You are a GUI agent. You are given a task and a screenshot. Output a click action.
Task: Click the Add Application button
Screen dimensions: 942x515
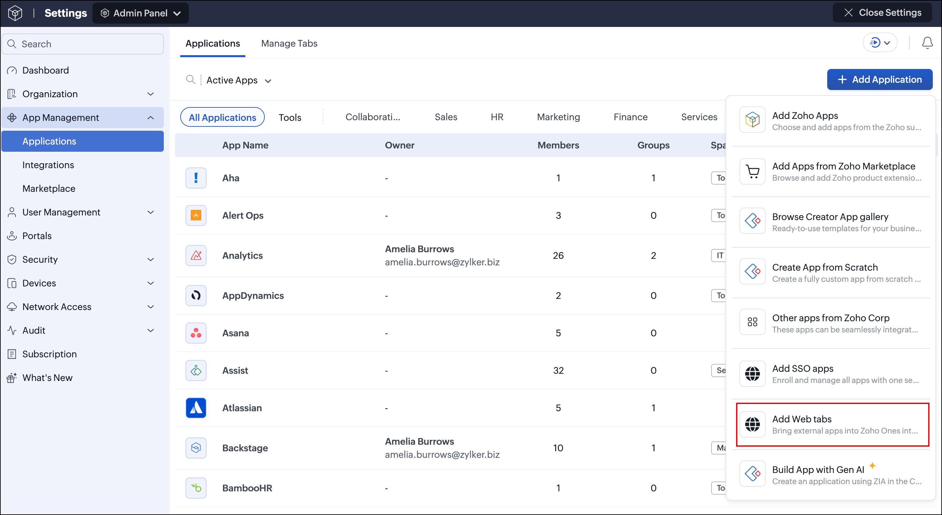click(x=880, y=79)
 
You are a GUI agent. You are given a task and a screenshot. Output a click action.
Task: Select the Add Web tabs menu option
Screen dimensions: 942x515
click(x=832, y=424)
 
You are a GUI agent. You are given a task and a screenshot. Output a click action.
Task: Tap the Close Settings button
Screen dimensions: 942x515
click(x=882, y=13)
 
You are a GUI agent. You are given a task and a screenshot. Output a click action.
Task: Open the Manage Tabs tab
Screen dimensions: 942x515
click(x=289, y=43)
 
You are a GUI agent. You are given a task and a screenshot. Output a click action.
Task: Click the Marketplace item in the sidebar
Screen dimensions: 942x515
click(x=49, y=189)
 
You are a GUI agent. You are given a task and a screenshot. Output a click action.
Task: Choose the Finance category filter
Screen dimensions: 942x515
click(x=631, y=117)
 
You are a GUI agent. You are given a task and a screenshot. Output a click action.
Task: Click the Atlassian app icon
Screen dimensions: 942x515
click(x=196, y=408)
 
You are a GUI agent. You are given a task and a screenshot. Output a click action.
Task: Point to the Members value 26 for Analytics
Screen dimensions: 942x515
click(x=558, y=255)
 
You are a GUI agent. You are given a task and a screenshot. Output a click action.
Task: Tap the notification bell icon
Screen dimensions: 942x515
click(x=927, y=43)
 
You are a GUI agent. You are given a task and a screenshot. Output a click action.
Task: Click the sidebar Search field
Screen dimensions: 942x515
click(x=83, y=44)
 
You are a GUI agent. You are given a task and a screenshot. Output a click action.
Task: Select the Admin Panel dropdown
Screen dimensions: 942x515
click(x=140, y=13)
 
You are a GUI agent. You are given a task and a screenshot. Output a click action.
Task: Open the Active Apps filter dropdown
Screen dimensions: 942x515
click(x=238, y=80)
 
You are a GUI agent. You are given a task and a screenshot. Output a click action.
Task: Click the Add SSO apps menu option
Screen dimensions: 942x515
click(x=832, y=374)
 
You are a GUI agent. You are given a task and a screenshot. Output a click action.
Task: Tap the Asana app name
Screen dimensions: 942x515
click(x=235, y=333)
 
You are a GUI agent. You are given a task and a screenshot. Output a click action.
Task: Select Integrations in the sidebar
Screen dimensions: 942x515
click(x=48, y=165)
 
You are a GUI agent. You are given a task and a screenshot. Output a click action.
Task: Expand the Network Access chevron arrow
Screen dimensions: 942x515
click(x=151, y=307)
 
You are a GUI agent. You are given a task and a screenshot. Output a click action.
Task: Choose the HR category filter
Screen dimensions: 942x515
click(x=497, y=117)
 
